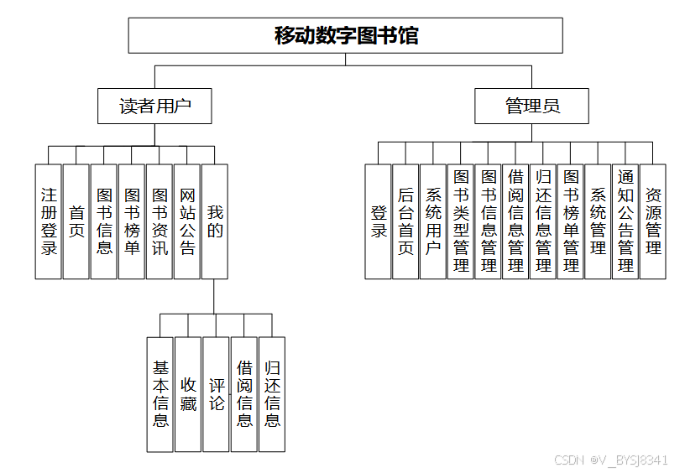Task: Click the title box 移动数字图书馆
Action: tap(345, 35)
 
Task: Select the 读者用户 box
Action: tap(154, 107)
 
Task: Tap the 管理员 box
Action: tap(531, 107)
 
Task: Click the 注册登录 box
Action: tap(49, 221)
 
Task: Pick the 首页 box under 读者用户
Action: tap(76, 221)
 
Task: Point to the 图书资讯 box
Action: tap(159, 221)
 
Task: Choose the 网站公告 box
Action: tap(187, 221)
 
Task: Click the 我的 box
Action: tap(215, 221)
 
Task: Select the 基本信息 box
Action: tap(160, 394)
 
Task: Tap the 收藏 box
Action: tap(188, 394)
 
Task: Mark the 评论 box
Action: tap(216, 394)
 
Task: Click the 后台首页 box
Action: tap(405, 221)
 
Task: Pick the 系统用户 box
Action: tap(433, 221)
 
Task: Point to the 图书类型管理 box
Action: tap(461, 221)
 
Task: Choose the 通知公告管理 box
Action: tap(625, 221)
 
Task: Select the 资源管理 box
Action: tap(653, 221)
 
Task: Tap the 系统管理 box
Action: tap(598, 221)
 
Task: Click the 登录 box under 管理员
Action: tap(379, 221)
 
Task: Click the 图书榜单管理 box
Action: tap(571, 221)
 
